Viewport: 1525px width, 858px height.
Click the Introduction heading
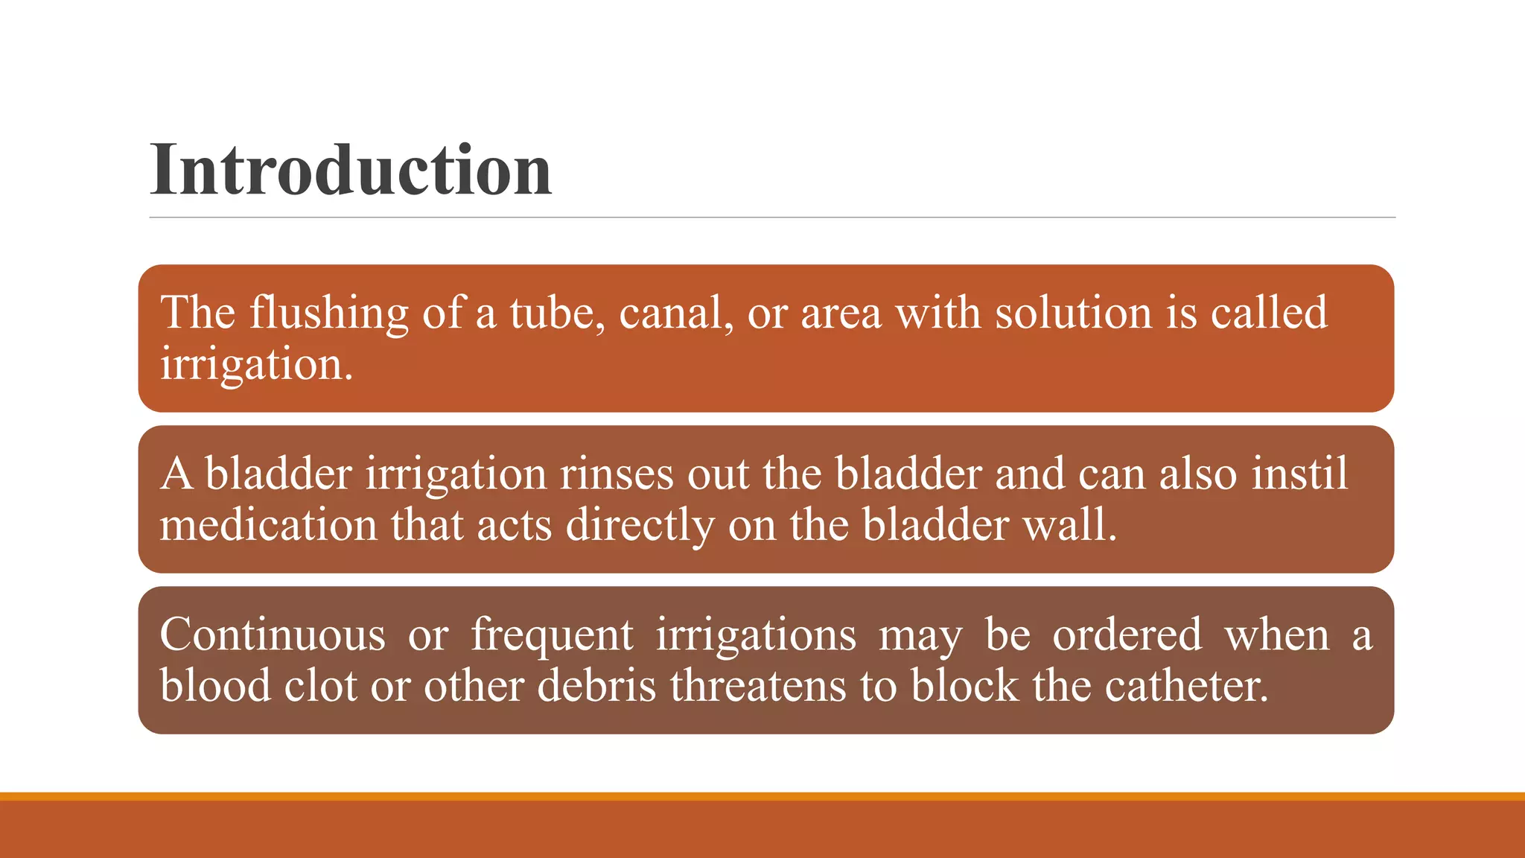tap(351, 170)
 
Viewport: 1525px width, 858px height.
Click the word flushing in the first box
tap(328, 313)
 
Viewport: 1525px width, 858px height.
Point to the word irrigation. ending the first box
tap(256, 365)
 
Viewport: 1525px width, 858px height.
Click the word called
tap(1268, 313)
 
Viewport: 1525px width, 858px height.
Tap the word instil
tap(1299, 474)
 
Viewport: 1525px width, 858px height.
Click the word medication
tap(269, 525)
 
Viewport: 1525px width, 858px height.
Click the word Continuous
tap(273, 635)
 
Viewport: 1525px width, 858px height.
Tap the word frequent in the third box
tap(552, 636)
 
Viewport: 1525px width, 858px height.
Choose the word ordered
tap(1127, 635)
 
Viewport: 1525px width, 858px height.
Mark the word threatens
tap(758, 685)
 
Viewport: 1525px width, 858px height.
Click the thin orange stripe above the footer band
tap(762, 796)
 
